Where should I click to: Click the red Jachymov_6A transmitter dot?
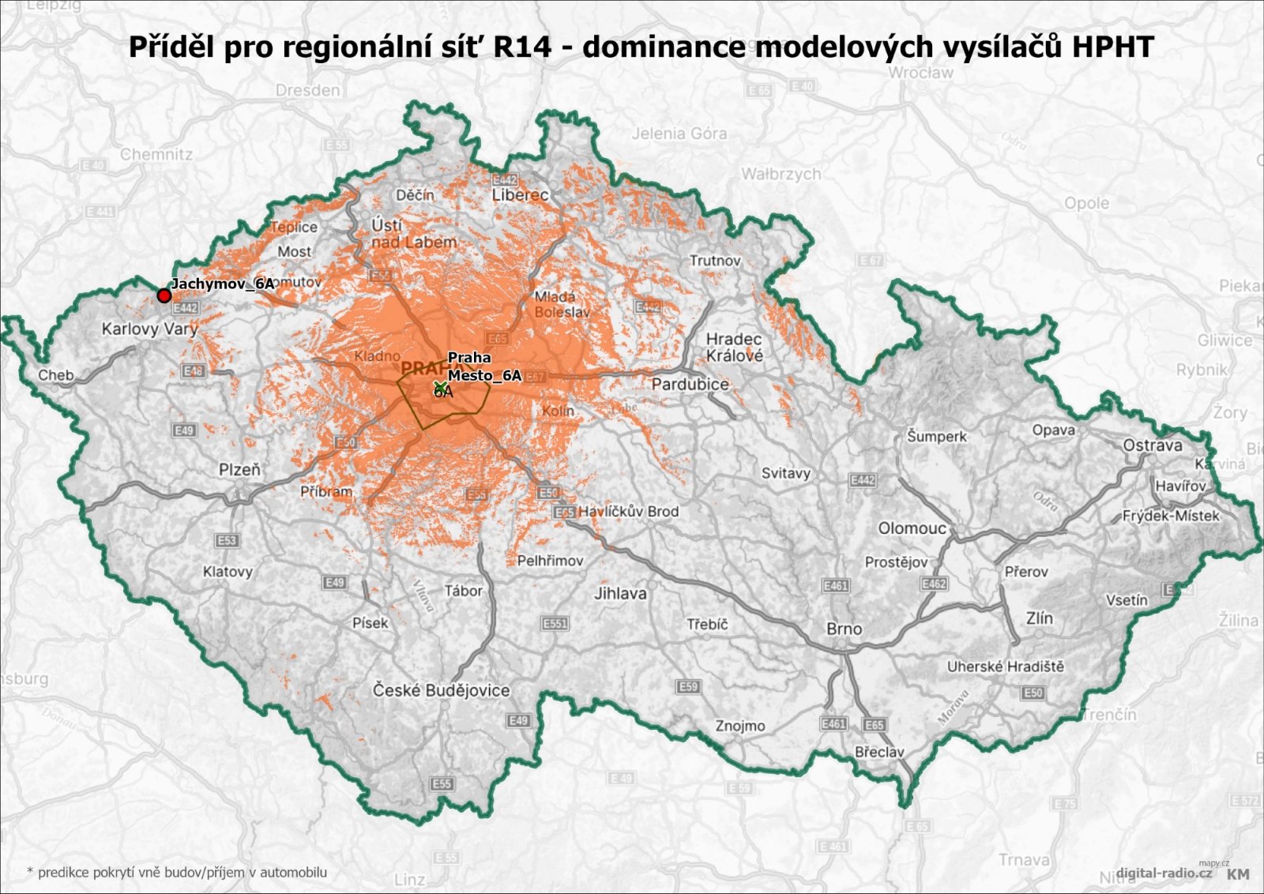click(x=164, y=295)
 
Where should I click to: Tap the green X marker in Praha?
click(x=440, y=387)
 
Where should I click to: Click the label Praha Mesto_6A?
click(x=483, y=366)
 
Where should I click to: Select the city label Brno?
click(x=844, y=629)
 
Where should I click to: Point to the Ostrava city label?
click(x=1152, y=445)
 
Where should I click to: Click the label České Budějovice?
click(x=441, y=690)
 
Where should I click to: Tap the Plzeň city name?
click(x=239, y=470)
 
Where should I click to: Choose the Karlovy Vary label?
click(x=149, y=329)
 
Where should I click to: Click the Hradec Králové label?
click(x=734, y=347)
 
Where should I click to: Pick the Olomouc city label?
click(x=912, y=528)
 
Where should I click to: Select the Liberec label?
click(x=520, y=194)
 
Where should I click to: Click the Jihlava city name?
click(x=619, y=593)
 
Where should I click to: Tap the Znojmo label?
click(x=739, y=726)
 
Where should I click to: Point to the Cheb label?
click(x=55, y=375)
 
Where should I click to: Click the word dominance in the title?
click(x=664, y=47)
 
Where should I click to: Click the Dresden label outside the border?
click(x=307, y=90)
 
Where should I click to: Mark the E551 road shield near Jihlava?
click(x=555, y=624)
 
